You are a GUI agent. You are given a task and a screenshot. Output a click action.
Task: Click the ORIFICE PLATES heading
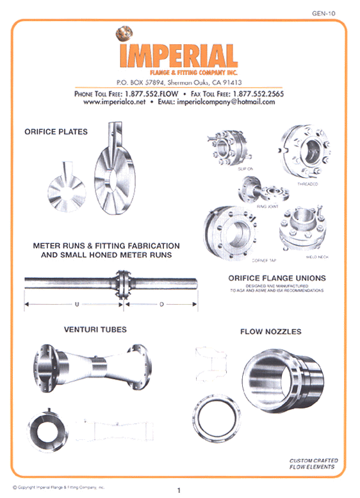pos(56,133)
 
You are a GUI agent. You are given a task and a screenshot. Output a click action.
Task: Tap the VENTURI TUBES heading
pos(95,330)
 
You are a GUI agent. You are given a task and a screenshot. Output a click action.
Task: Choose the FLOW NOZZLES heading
pos(270,332)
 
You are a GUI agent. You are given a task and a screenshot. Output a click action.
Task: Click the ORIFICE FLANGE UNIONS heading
pos(277,278)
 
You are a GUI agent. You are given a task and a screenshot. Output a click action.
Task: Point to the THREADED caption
pos(307,184)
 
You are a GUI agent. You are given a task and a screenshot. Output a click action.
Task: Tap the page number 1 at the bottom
pos(179,490)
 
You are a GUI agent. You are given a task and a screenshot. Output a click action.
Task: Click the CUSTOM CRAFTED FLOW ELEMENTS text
pos(313,463)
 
